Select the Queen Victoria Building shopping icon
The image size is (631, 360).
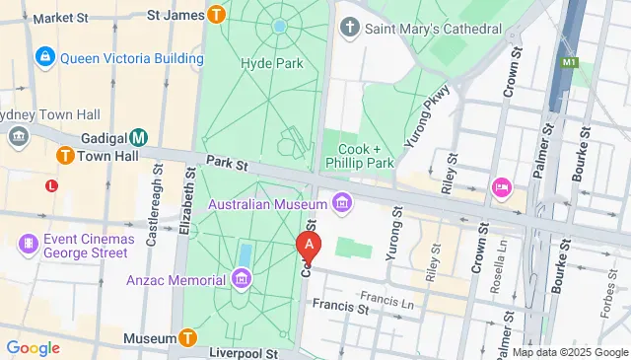coord(45,58)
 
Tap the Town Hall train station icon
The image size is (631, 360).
coord(66,155)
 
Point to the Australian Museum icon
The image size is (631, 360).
coord(342,204)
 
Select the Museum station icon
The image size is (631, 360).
coord(188,338)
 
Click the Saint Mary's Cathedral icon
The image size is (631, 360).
coord(349,27)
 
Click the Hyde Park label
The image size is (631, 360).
coord(271,63)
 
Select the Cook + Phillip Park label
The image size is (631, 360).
coord(360,155)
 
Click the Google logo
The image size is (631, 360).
coord(33,347)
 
